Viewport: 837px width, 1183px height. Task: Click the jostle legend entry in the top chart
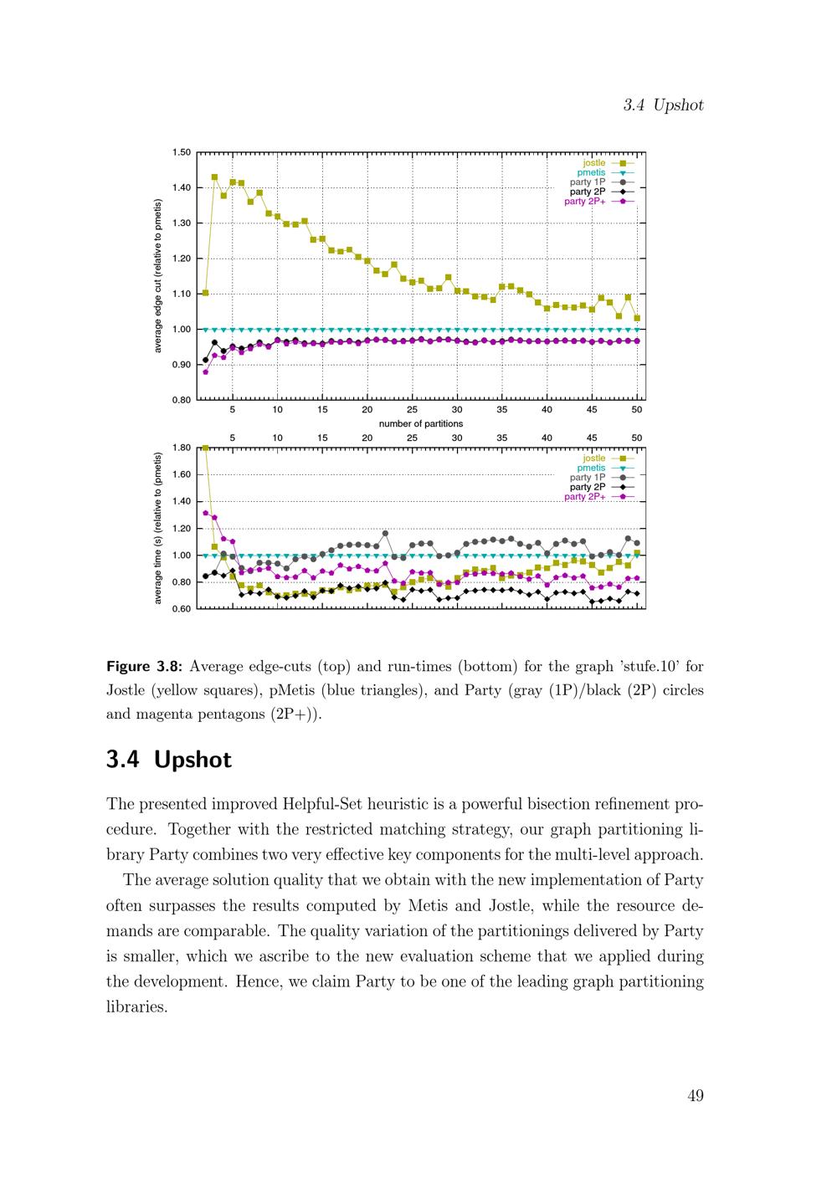tap(594, 163)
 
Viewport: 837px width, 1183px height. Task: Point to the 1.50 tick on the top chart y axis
tap(182, 152)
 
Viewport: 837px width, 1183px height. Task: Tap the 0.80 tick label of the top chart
tap(182, 400)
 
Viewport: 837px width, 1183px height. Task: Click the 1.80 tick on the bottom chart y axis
tap(182, 448)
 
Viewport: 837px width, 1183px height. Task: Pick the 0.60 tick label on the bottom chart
tap(182, 608)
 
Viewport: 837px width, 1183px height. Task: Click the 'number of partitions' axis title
tap(421, 423)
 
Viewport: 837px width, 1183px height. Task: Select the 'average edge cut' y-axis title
tap(158, 276)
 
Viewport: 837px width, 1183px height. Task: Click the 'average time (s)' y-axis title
tap(158, 528)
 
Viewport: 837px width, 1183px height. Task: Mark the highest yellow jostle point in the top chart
tap(214, 177)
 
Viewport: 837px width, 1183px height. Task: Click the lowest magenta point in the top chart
tap(206, 371)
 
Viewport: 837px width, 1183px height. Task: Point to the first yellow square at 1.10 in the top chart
tap(206, 293)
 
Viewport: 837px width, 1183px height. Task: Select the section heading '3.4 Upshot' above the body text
tap(169, 760)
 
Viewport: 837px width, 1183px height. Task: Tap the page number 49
tap(695, 1096)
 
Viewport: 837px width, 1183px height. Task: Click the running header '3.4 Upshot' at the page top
tap(663, 105)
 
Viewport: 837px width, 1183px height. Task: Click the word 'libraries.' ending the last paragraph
tap(137, 1006)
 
